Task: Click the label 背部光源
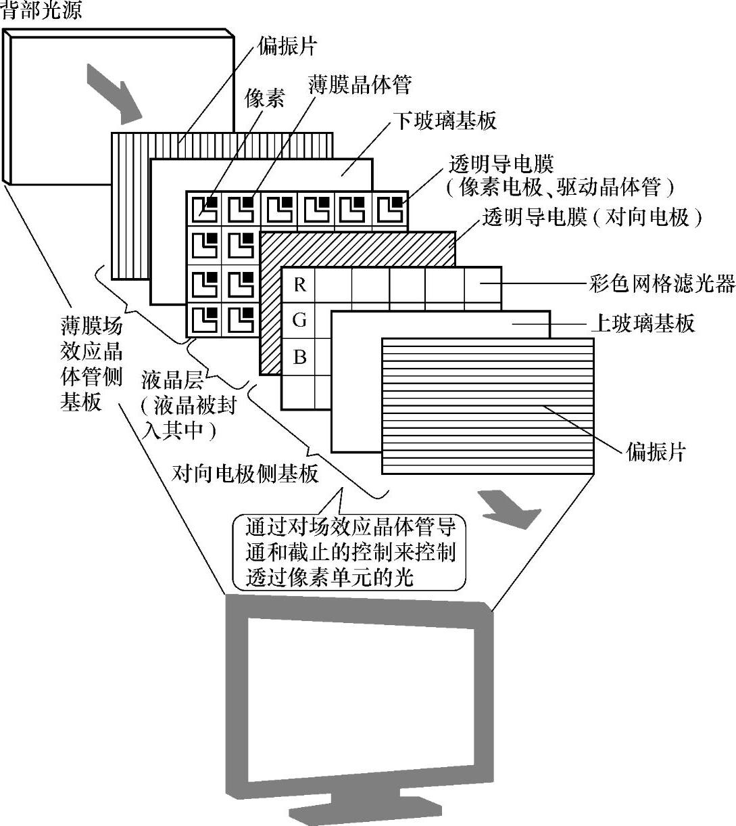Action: click(41, 9)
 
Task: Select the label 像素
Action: click(264, 99)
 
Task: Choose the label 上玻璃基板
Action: click(642, 323)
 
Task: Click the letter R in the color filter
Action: click(299, 285)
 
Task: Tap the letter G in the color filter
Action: click(299, 321)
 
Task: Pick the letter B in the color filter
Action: click(299, 357)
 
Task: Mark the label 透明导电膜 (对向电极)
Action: click(591, 217)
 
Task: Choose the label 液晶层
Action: click(173, 379)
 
